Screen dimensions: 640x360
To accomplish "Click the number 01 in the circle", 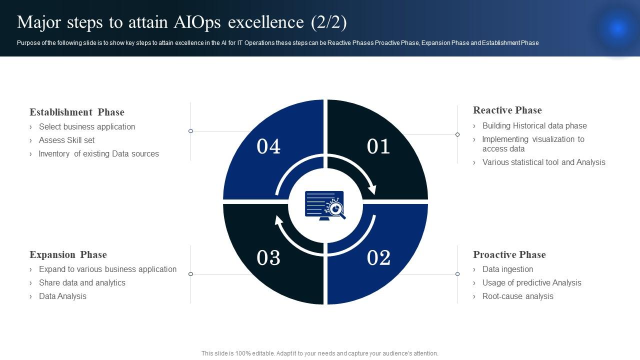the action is click(378, 146).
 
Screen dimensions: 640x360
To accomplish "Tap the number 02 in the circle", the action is click(378, 257).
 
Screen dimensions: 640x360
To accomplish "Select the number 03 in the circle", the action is click(268, 257).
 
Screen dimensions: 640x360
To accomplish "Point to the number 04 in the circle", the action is click(268, 146).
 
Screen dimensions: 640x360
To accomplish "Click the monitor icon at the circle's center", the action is click(325, 205).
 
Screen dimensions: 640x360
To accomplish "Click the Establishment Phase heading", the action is click(77, 112).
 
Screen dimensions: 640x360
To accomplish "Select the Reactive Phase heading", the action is click(507, 110).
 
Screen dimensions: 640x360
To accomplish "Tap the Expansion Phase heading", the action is click(68, 254).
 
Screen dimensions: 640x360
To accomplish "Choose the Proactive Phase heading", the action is click(509, 254).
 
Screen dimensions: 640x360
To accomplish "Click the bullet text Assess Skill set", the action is click(66, 140).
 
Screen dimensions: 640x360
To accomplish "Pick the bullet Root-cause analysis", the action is click(517, 296).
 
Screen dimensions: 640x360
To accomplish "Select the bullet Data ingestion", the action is click(507, 269).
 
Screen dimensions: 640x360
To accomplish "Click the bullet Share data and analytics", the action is click(82, 282).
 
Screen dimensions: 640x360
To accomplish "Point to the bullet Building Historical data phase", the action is click(534, 125).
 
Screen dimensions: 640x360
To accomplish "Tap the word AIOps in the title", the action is click(197, 22).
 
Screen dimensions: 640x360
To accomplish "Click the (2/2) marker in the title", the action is click(329, 22).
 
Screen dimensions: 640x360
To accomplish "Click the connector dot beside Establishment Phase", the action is click(190, 131).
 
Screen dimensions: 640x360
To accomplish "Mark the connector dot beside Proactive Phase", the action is click(457, 274).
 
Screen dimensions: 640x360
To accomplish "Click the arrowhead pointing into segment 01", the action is click(372, 189).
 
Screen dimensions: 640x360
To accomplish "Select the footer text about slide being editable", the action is click(319, 353).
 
